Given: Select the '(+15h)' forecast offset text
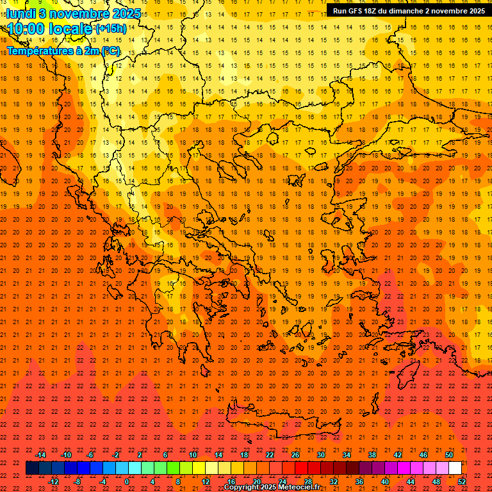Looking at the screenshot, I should coord(111,29).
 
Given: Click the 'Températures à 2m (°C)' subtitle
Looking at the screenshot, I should coord(63,50).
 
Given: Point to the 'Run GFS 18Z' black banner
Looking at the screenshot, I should coord(408,10).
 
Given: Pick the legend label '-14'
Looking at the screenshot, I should coord(40,455).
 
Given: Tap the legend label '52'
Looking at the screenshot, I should coord(463,482).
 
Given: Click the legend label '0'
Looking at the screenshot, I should coord(127,482).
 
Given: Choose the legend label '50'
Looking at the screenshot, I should coord(449,455).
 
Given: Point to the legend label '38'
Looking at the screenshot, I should coord(372,455).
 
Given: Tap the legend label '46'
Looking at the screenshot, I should coord(423,455).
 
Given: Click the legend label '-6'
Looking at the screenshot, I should coord(91,455).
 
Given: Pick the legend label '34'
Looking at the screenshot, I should coord(347,455).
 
